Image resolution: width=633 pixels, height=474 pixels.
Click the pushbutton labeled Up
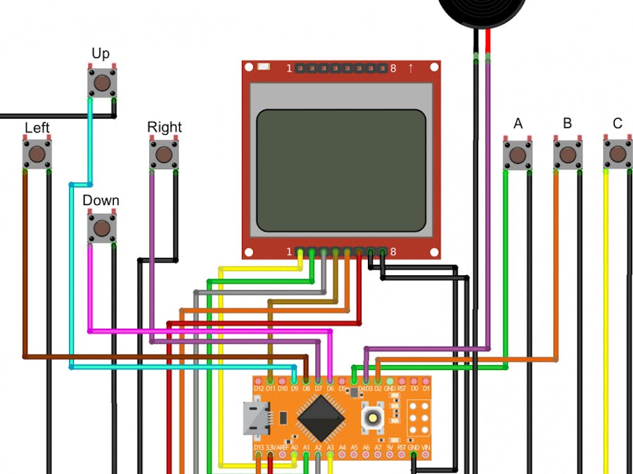[102, 83]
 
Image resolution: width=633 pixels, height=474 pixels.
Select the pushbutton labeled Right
[163, 154]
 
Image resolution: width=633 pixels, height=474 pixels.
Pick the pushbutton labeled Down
[102, 228]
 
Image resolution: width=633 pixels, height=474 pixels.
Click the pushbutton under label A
[518, 154]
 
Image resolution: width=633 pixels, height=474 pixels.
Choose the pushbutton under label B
[568, 154]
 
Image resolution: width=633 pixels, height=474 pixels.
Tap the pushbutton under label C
[618, 154]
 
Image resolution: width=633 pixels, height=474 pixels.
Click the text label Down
[101, 201]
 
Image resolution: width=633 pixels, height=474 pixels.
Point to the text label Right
[164, 127]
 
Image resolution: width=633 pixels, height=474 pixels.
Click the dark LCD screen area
[341, 171]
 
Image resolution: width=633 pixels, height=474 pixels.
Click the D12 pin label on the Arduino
[259, 388]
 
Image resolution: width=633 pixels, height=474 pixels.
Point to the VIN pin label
[426, 447]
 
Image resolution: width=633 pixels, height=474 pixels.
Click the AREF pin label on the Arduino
[283, 447]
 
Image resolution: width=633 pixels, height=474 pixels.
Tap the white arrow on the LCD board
[410, 68]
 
